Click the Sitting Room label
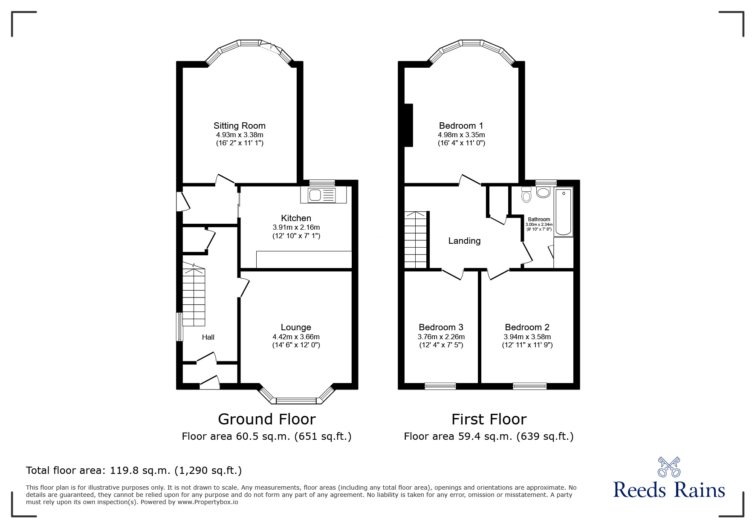239,126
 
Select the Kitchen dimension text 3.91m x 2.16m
296,227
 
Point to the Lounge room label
296,327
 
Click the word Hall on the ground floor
208,337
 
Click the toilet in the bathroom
526,196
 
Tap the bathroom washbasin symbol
543,193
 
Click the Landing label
464,241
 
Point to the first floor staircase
416,239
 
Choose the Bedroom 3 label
441,327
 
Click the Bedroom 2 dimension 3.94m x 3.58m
527,337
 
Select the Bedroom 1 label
461,126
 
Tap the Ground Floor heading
266,419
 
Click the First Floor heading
489,419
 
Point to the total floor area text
134,470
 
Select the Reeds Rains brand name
669,490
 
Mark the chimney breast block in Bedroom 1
408,125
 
